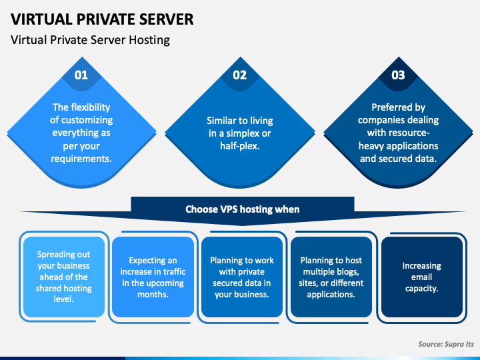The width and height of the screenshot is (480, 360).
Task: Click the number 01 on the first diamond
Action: [x=81, y=75]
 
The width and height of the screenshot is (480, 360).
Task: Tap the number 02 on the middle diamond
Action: [x=240, y=75]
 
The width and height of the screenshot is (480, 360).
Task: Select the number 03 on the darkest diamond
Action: [x=398, y=75]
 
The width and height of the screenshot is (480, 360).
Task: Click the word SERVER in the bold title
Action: [x=166, y=19]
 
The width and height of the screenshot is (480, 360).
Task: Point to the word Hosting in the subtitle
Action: [x=149, y=40]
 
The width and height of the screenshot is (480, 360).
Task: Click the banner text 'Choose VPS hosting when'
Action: [x=243, y=209]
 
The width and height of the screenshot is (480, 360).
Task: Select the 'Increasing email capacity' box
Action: [x=422, y=277]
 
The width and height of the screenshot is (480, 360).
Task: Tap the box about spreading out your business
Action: [x=64, y=277]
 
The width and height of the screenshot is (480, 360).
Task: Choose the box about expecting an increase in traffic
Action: [x=153, y=277]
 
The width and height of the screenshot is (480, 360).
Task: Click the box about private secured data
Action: [x=242, y=277]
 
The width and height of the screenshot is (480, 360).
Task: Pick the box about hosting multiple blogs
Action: [x=331, y=277]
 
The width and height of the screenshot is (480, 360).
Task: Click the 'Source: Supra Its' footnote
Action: [x=446, y=344]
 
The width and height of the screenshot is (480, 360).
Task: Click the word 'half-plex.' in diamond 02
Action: [x=240, y=146]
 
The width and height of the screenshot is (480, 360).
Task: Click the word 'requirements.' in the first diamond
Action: [x=81, y=159]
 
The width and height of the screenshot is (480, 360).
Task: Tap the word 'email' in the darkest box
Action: [x=421, y=277]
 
